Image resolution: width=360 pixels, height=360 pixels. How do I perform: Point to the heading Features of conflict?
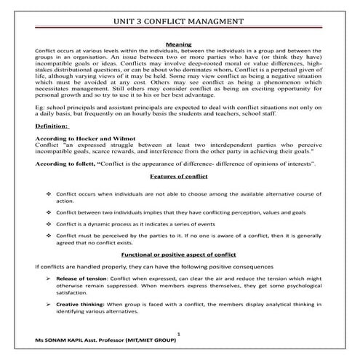tap(179, 177)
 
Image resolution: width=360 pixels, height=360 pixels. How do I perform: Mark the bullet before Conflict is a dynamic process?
tap(48, 225)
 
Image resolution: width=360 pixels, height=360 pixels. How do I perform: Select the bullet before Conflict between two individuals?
tap(48, 212)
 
